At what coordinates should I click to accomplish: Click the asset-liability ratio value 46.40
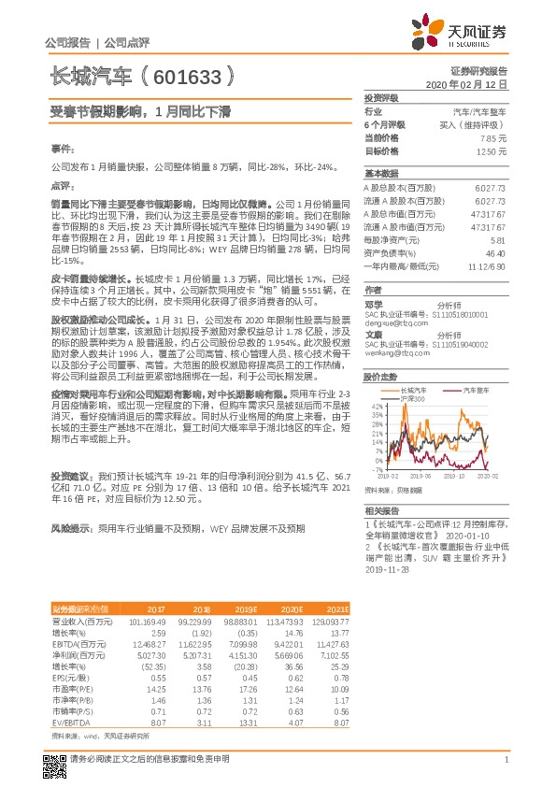coord(495,252)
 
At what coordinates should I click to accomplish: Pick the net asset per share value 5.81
coord(497,239)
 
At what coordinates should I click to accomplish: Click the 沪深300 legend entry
coord(413,399)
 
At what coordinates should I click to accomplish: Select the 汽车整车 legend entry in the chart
coord(475,388)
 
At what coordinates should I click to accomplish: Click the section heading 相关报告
coord(382,511)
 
